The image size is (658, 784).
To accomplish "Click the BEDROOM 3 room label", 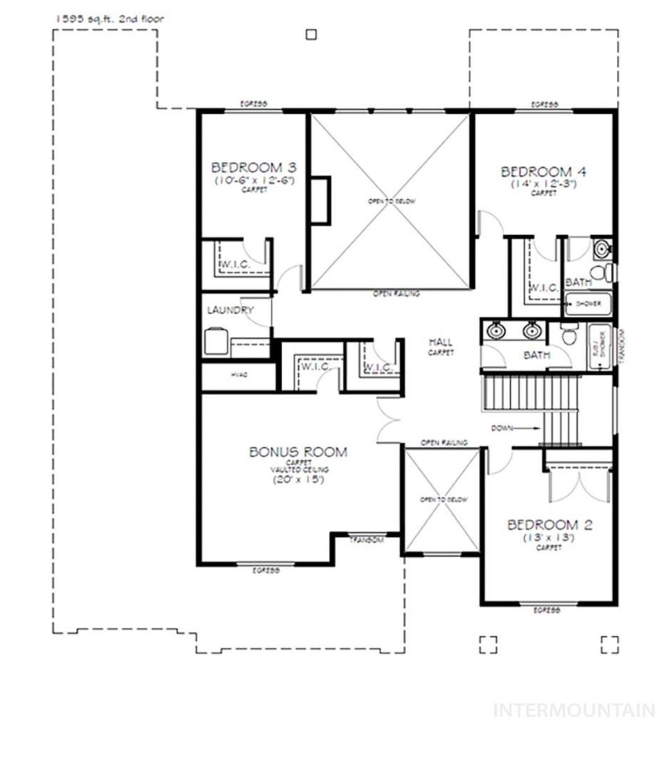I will pos(253,168).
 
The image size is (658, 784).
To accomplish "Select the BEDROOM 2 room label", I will pos(549,525).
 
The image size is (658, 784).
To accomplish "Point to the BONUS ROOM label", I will pos(298,452).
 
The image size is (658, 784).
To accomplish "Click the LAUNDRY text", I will pos(230,310).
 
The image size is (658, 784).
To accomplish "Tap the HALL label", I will pos(441,343).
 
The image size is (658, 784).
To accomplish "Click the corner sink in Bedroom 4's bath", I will pos(603,247).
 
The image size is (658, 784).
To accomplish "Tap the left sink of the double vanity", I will pos(495,331).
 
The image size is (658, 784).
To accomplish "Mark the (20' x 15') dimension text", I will pos(299,479).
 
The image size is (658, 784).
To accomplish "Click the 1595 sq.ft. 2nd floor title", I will pos(109,19).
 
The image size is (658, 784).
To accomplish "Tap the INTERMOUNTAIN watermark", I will pos(574,711).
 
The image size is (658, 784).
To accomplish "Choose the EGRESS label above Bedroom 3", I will pos(253,104).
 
